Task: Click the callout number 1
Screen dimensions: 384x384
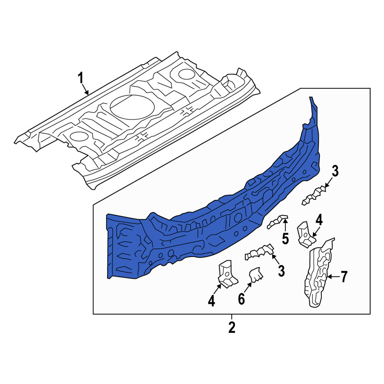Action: (81, 78)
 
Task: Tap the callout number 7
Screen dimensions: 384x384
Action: (344, 277)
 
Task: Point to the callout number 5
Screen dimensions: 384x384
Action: (285, 238)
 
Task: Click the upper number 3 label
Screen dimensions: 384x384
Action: (335, 171)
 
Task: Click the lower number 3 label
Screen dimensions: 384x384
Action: (281, 271)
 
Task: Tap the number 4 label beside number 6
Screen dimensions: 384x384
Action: (211, 301)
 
